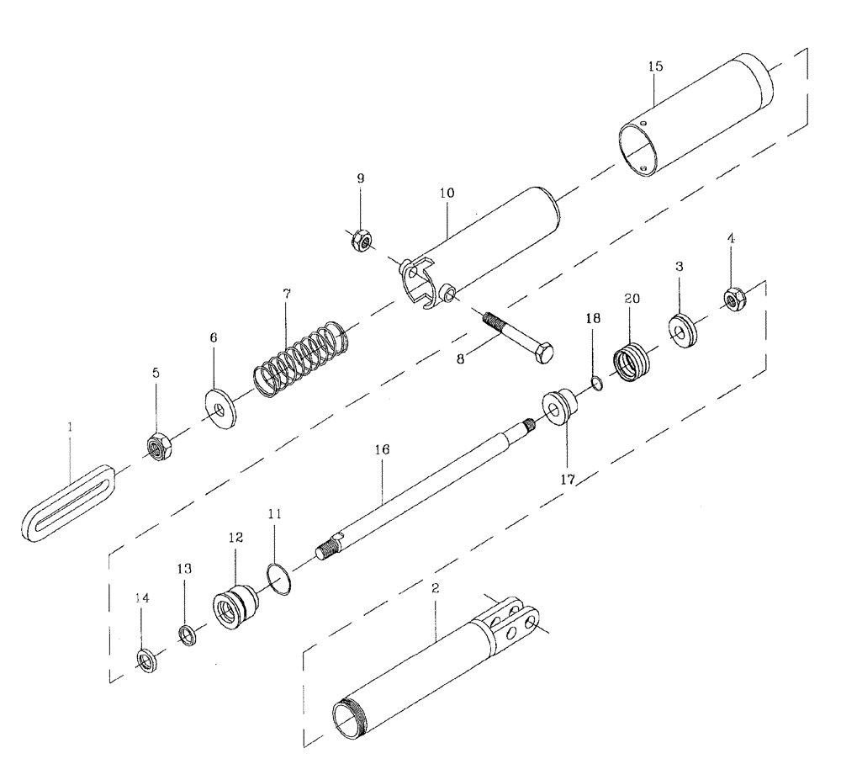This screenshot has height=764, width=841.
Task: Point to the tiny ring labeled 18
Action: (x=595, y=384)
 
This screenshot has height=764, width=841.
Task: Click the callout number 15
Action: (x=655, y=65)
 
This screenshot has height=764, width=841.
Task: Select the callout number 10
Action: (x=446, y=193)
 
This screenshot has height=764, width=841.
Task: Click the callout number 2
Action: (x=436, y=588)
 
